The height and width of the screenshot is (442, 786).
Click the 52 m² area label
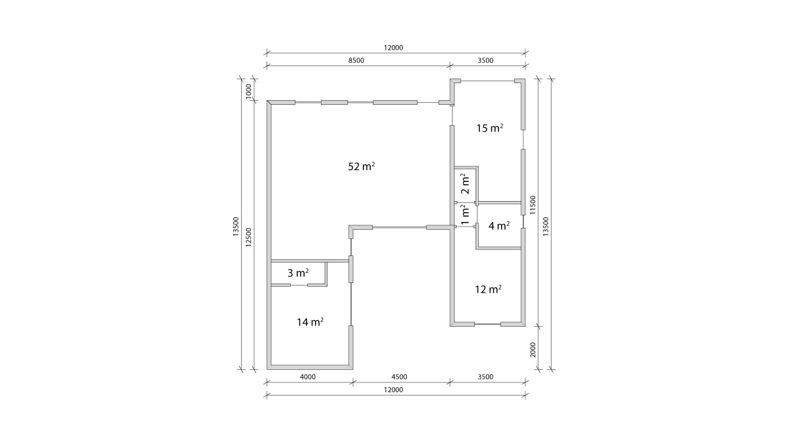coord(362,166)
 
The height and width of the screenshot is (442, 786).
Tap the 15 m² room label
coord(490,128)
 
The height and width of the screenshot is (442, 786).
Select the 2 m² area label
coord(465,184)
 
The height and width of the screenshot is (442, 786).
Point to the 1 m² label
coord(465,215)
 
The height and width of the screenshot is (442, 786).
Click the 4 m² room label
coord(499,225)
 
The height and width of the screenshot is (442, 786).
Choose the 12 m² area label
coord(488,289)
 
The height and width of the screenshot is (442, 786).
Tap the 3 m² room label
coord(298,272)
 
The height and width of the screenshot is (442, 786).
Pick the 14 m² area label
coord(310,322)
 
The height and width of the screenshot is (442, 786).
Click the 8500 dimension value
coord(356,60)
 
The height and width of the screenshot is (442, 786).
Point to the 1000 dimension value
coord(248,91)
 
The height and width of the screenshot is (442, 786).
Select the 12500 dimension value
coord(248,237)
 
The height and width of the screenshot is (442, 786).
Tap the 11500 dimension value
coord(533,205)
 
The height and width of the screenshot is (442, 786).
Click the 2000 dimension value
coord(533,350)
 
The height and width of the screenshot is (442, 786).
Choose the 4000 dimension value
coord(308,377)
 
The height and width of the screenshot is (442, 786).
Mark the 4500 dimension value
coord(400,377)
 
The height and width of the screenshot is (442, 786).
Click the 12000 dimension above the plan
coord(394,48)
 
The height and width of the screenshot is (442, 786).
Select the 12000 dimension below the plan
coord(394,390)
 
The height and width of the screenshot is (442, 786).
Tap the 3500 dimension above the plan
coord(485,60)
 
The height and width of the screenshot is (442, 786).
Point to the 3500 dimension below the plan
coord(485,377)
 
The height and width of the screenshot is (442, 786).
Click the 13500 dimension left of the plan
coord(236,227)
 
